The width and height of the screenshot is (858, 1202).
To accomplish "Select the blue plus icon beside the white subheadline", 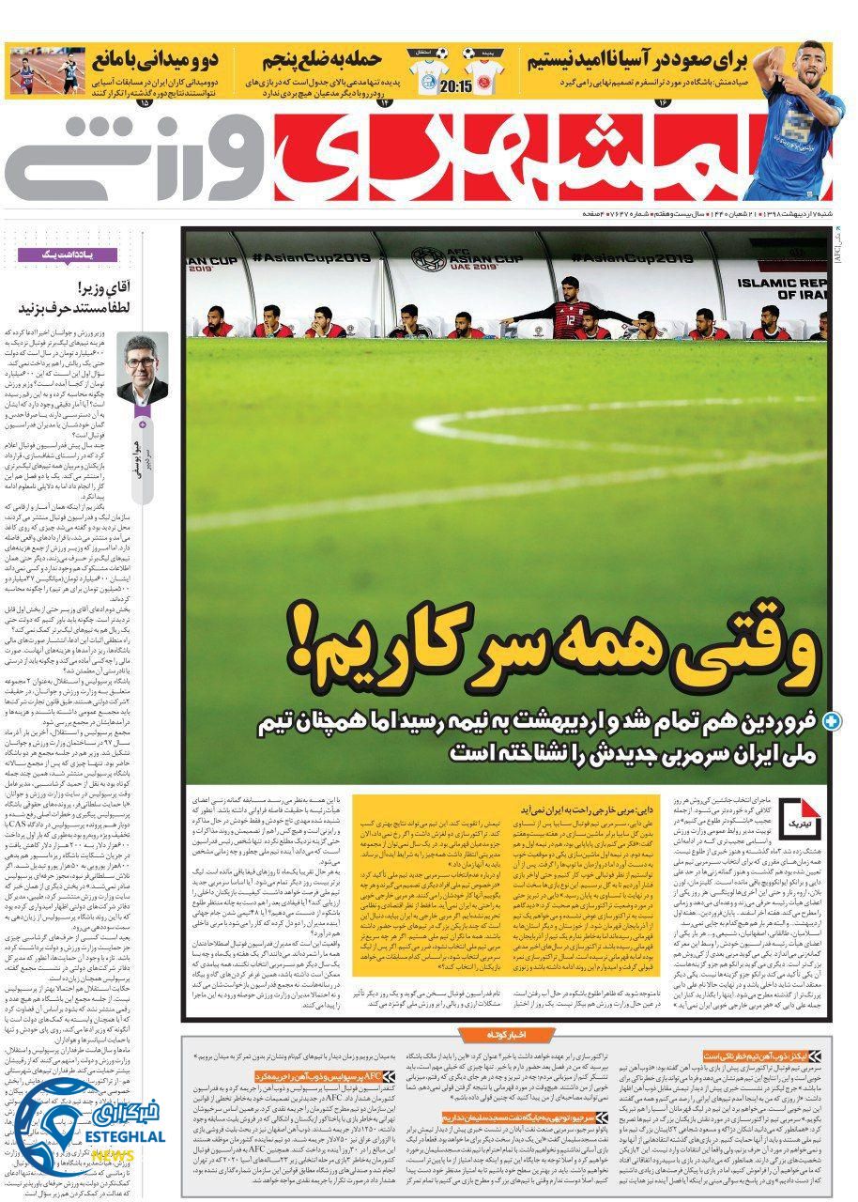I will pos(831,722).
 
